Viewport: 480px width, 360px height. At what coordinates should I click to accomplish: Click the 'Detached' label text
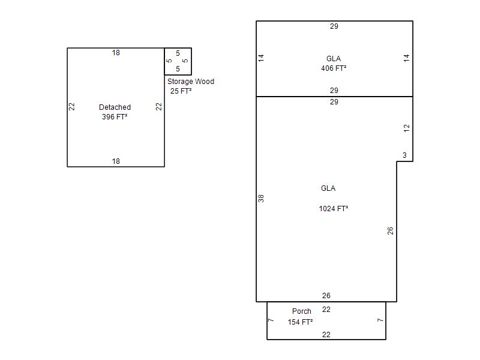(x=115, y=107)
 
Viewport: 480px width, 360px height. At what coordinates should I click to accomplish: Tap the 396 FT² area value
(x=115, y=116)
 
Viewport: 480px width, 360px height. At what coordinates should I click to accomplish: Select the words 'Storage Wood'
(x=191, y=82)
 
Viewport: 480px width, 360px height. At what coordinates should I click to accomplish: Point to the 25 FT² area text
(x=181, y=91)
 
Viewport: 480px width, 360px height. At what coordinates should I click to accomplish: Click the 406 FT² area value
(x=334, y=68)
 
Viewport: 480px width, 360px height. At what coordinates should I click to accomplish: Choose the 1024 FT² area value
(x=334, y=208)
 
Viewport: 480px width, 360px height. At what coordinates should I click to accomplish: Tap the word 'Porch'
(x=302, y=311)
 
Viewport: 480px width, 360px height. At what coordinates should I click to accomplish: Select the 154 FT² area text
(x=300, y=322)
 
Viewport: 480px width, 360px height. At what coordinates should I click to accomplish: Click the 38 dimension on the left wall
(x=261, y=199)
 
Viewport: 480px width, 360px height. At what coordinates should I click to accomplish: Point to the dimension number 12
(x=406, y=128)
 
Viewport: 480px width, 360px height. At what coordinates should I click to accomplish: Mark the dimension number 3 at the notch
(x=404, y=155)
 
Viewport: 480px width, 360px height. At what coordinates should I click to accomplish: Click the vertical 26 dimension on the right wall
(x=390, y=230)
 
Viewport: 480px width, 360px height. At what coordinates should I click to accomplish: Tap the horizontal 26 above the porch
(x=326, y=295)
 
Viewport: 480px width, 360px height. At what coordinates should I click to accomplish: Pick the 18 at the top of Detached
(x=116, y=53)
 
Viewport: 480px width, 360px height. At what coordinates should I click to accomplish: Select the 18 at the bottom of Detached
(x=116, y=161)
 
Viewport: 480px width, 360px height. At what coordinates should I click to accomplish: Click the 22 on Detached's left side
(x=71, y=107)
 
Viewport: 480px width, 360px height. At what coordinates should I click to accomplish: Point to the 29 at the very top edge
(x=334, y=26)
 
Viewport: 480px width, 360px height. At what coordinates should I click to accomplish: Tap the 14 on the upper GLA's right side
(x=406, y=58)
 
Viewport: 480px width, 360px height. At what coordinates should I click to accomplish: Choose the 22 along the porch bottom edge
(x=326, y=335)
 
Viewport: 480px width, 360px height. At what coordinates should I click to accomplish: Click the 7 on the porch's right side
(x=380, y=320)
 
